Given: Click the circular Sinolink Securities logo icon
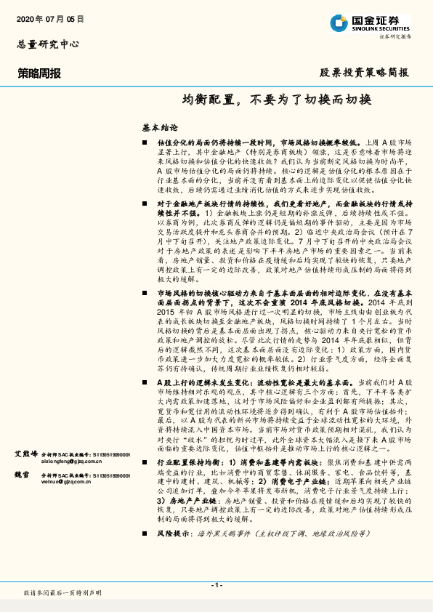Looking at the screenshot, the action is [339, 23].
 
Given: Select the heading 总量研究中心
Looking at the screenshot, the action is [48, 44].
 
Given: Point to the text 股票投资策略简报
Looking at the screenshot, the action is [364, 73].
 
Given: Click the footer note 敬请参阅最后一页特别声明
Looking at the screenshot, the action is [63, 593].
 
